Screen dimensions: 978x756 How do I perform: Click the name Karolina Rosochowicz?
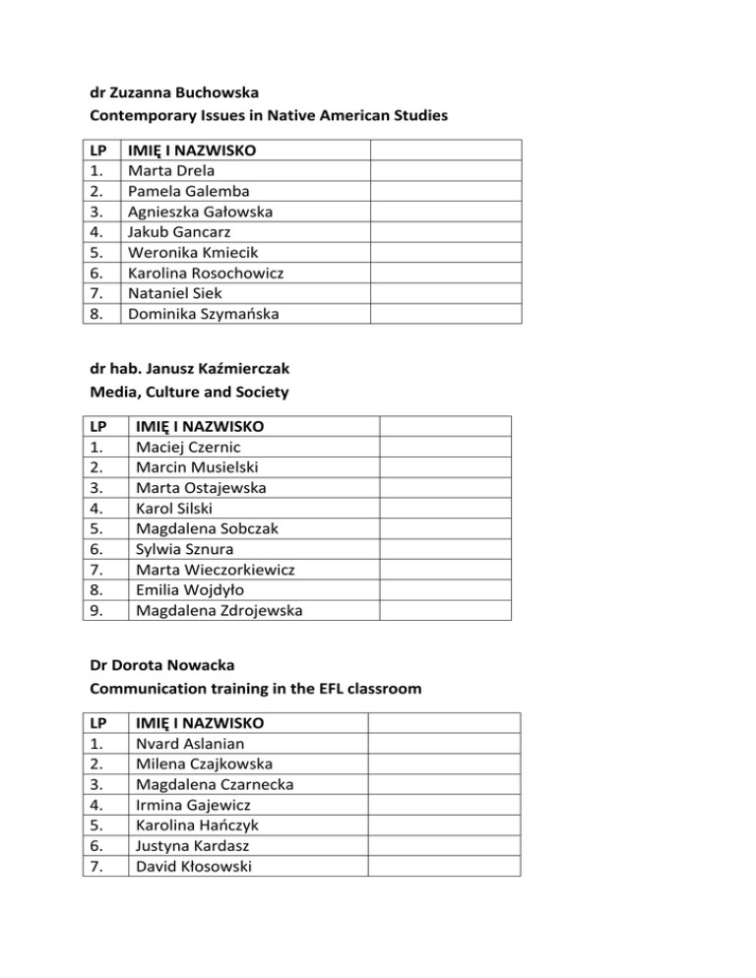[206, 273]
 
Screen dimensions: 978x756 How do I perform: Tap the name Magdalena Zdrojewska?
[220, 610]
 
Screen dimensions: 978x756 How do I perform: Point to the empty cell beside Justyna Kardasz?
[443, 844]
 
